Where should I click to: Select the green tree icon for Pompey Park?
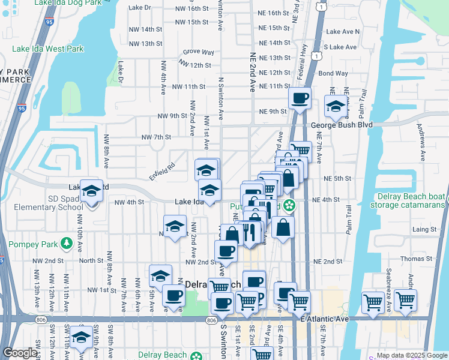(67, 244)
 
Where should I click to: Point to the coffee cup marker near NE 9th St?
(300, 98)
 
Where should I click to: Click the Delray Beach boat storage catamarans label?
(411, 200)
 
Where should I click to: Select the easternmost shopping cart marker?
(405, 300)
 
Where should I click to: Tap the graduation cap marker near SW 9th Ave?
(81, 337)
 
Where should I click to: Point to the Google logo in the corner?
(20, 353)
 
